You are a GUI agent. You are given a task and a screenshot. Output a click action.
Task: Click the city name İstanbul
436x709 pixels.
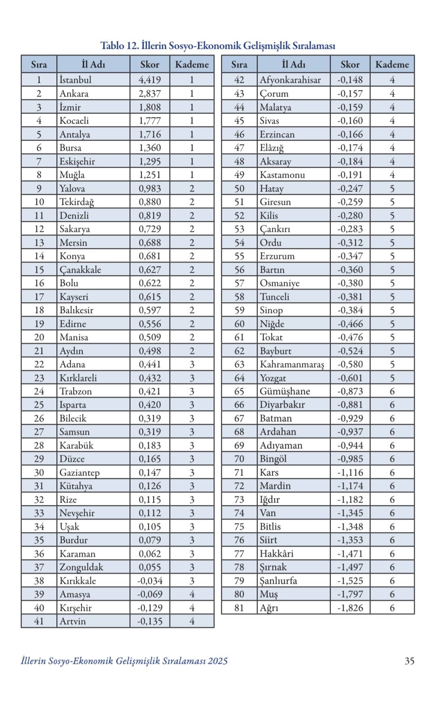tap(75, 80)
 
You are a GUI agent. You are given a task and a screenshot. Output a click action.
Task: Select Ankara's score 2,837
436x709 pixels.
tap(150, 93)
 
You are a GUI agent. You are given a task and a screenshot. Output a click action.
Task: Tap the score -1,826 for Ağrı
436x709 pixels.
tap(350, 608)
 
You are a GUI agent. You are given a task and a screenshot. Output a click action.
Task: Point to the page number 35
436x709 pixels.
tap(409, 661)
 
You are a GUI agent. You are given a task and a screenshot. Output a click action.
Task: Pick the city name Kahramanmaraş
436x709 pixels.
tap(292, 364)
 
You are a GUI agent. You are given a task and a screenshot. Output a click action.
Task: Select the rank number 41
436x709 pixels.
tap(39, 621)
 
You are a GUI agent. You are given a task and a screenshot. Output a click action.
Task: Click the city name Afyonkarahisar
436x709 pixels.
tap(290, 80)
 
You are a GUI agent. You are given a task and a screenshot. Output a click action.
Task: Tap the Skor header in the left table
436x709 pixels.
tap(150, 64)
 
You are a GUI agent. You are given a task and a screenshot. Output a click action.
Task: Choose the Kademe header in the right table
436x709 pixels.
tap(392, 64)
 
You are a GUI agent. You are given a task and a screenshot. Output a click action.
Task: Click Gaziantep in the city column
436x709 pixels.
tap(80, 472)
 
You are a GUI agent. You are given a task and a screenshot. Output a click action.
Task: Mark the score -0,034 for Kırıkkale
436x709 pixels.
tap(150, 581)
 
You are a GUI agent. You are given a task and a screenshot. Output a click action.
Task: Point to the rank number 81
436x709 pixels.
tap(239, 608)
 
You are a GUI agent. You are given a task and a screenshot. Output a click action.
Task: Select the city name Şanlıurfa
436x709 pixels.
tap(279, 581)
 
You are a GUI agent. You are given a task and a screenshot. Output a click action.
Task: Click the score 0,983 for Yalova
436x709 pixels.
tap(150, 188)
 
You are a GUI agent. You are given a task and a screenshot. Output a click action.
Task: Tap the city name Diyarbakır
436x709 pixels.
tap(282, 404)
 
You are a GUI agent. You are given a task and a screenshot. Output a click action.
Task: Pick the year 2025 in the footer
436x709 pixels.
tap(218, 661)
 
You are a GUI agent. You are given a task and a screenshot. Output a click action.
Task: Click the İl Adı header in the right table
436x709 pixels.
tap(293, 64)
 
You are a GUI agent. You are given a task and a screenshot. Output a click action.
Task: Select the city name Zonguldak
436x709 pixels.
tap(82, 567)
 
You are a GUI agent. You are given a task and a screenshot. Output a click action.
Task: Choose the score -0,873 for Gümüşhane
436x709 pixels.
tap(350, 391)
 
